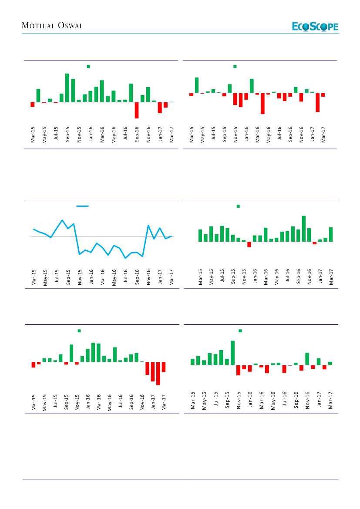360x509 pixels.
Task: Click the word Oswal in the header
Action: (x=69, y=26)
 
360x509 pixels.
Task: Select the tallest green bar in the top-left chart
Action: (x=67, y=88)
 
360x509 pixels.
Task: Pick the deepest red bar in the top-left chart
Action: (x=137, y=110)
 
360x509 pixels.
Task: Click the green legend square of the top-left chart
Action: (x=88, y=66)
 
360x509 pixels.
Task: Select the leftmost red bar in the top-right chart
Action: (x=191, y=94)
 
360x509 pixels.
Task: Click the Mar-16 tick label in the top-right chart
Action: (x=257, y=135)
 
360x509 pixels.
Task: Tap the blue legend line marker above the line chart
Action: (x=82, y=206)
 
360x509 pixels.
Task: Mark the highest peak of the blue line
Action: (x=62, y=220)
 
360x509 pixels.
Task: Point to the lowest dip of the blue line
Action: (x=125, y=258)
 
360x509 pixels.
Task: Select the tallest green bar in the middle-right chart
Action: (x=304, y=229)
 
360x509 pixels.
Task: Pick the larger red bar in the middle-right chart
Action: (x=249, y=244)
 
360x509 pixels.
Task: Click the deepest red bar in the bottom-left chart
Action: (x=158, y=373)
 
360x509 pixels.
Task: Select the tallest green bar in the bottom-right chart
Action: (x=233, y=353)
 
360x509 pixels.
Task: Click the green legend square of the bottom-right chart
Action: (x=240, y=331)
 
